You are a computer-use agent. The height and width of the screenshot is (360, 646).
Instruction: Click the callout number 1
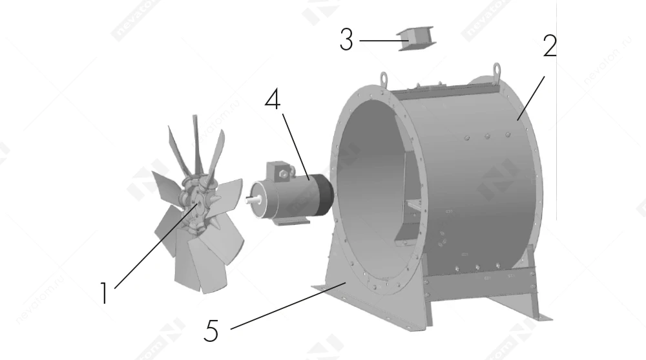[103, 292]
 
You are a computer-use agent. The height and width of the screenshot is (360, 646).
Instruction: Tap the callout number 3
[346, 40]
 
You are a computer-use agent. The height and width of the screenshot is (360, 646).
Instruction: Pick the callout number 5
[211, 330]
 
